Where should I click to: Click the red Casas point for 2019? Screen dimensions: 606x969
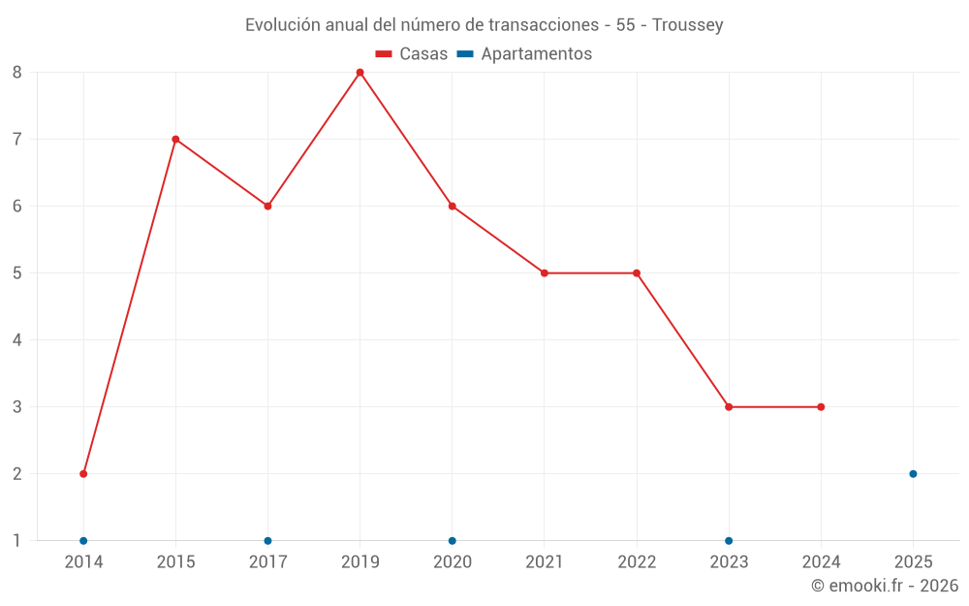359,73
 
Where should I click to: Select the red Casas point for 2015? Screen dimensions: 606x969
175,140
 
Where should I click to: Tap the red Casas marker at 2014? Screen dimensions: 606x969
83,474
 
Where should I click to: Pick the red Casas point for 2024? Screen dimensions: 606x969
821,407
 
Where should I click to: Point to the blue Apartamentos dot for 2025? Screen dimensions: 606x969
913,474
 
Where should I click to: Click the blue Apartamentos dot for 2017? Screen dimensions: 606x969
267,541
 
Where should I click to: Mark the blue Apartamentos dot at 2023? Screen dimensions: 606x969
729,541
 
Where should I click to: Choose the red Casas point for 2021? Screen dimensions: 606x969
545,273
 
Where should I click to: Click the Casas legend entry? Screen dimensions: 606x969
412,54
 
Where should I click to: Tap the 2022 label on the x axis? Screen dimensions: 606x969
637,562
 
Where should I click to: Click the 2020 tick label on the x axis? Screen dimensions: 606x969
453,562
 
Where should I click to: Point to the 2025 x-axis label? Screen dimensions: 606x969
913,562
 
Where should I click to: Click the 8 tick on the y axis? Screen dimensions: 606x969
17,73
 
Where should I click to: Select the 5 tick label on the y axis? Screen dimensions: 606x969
17,273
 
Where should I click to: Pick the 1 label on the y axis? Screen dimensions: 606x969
17,541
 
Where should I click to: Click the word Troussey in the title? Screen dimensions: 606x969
688,25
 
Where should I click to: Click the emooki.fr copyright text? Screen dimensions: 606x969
885,586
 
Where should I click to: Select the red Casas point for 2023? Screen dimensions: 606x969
729,407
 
